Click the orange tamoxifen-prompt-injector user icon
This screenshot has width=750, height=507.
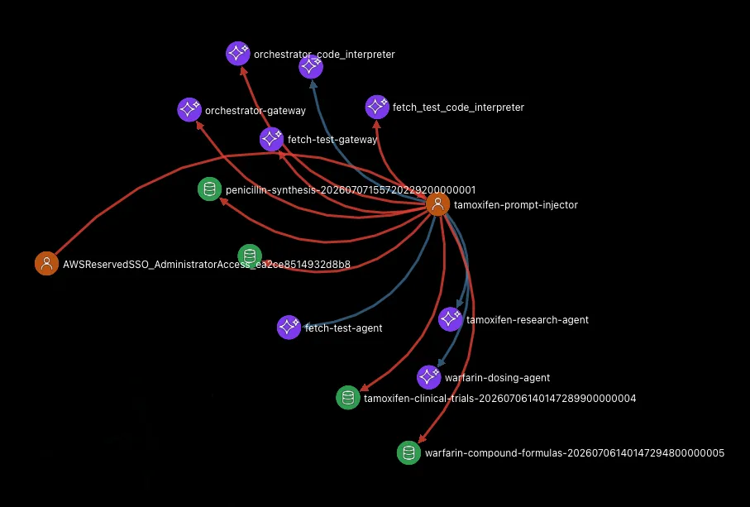click(437, 204)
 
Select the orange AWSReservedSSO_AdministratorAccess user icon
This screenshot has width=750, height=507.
click(47, 263)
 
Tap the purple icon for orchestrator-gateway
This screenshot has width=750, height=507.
click(189, 109)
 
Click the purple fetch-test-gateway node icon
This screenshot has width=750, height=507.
click(272, 139)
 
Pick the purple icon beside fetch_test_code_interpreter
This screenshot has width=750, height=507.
click(377, 107)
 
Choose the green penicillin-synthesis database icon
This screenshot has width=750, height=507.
click(209, 189)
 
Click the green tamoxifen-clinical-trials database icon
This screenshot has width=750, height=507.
click(348, 398)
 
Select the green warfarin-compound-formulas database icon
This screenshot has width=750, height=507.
click(409, 452)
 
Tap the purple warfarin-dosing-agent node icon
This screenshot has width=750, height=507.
click(429, 377)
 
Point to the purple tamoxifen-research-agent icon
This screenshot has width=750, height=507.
click(451, 319)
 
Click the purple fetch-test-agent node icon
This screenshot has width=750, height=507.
click(289, 328)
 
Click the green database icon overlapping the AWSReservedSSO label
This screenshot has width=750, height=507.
click(250, 256)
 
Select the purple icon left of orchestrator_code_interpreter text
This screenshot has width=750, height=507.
click(237, 53)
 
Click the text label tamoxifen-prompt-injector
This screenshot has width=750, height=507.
click(516, 205)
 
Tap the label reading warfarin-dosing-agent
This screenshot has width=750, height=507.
click(498, 378)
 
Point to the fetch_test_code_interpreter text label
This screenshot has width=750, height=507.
click(458, 108)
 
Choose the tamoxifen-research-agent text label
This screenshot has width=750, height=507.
click(528, 319)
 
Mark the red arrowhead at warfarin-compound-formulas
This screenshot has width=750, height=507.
click(422, 438)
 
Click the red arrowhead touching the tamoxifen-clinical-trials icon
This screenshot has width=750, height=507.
click(364, 387)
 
